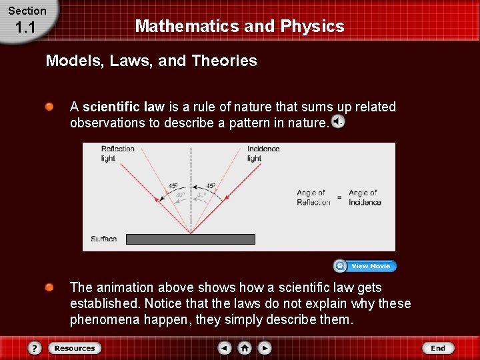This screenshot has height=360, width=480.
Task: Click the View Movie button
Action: (x=365, y=266)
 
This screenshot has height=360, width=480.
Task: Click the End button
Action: (x=437, y=348)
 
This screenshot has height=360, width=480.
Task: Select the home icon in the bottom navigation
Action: (x=245, y=348)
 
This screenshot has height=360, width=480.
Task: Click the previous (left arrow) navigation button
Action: (x=225, y=348)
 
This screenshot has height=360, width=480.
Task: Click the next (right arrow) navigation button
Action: (x=265, y=348)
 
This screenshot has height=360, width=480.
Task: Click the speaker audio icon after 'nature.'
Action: (x=338, y=122)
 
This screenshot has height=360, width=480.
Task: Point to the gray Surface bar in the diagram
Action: (x=191, y=239)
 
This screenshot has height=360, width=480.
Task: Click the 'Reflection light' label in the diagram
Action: (x=117, y=153)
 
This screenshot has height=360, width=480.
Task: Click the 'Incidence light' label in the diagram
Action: (x=263, y=153)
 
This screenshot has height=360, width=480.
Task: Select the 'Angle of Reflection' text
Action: (x=313, y=197)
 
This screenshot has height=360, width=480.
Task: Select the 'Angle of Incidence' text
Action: (x=364, y=197)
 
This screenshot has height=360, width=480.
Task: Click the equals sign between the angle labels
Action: (x=339, y=197)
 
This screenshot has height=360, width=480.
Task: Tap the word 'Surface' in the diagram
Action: (x=103, y=239)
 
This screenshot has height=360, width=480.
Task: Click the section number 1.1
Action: (x=25, y=28)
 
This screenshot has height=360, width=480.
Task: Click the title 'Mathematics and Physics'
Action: (x=239, y=27)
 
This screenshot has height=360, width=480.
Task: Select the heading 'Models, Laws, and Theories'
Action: (x=151, y=61)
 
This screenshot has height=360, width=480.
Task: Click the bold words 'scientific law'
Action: (x=123, y=107)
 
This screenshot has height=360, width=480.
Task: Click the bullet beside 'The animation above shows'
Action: (x=49, y=287)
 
